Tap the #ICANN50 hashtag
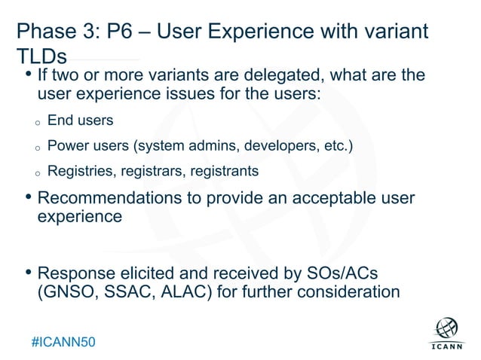[x=64, y=342]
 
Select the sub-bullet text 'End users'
[x=80, y=120]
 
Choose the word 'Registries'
[x=78, y=171]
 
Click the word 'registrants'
[x=224, y=171]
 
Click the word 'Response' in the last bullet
[x=74, y=272]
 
